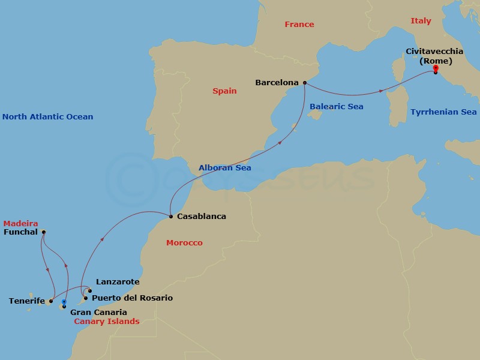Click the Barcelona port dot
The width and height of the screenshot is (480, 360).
[x=305, y=83]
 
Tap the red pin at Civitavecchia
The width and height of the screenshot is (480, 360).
[x=436, y=70]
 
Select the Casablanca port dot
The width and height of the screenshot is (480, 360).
[x=171, y=216]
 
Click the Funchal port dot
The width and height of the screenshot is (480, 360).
[x=43, y=232]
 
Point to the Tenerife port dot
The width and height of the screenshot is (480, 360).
[x=51, y=301]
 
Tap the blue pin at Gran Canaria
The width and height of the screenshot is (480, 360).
[x=64, y=303]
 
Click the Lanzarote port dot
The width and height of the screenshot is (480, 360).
[x=90, y=291]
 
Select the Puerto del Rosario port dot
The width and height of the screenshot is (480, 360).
[x=86, y=298]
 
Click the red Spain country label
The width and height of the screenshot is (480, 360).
[x=224, y=91]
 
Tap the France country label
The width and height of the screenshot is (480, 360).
[x=299, y=25]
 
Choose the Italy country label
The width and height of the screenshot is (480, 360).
[x=421, y=21]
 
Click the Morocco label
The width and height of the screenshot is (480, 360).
[x=184, y=243]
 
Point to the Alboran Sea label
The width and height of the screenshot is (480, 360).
[x=225, y=168]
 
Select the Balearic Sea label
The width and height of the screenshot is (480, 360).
[x=337, y=107]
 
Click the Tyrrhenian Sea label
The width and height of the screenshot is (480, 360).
[x=443, y=112]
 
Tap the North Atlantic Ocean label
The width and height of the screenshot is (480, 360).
[x=47, y=117]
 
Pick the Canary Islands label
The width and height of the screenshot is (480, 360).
[x=107, y=322]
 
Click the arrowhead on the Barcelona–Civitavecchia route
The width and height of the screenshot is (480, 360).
[x=382, y=91]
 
